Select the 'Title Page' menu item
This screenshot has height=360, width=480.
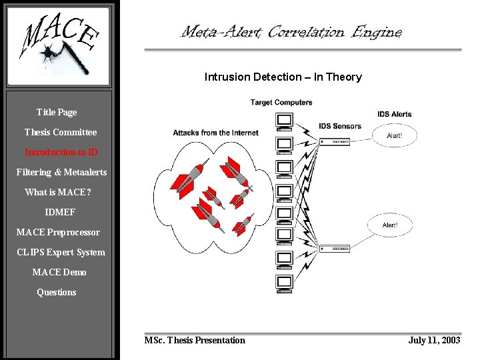click(x=57, y=112)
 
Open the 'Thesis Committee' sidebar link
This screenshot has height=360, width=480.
click(x=61, y=132)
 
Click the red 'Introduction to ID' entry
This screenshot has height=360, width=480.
click(x=61, y=152)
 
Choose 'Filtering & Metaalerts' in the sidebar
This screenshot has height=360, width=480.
click(x=61, y=172)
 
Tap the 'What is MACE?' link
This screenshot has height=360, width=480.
click(x=58, y=192)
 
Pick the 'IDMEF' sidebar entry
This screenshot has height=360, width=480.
click(x=60, y=212)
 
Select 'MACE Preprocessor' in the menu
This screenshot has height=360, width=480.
click(x=58, y=232)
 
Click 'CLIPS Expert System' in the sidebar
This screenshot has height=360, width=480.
click(x=61, y=252)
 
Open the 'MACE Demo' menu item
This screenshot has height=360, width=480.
click(x=59, y=272)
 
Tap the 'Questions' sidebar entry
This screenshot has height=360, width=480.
click(x=57, y=292)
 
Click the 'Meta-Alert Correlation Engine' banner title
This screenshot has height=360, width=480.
click(x=291, y=31)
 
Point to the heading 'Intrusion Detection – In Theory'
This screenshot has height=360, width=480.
click(x=283, y=77)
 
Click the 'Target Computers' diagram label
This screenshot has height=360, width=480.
click(x=281, y=102)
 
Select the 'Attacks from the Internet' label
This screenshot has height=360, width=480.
click(x=215, y=133)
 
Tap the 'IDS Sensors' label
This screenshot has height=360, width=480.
click(x=339, y=126)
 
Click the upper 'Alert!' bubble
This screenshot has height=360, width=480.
click(x=394, y=135)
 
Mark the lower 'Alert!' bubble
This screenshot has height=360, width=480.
click(x=390, y=225)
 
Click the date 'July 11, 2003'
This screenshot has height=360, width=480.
click(x=434, y=340)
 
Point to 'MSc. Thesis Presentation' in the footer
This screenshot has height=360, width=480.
click(x=195, y=340)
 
